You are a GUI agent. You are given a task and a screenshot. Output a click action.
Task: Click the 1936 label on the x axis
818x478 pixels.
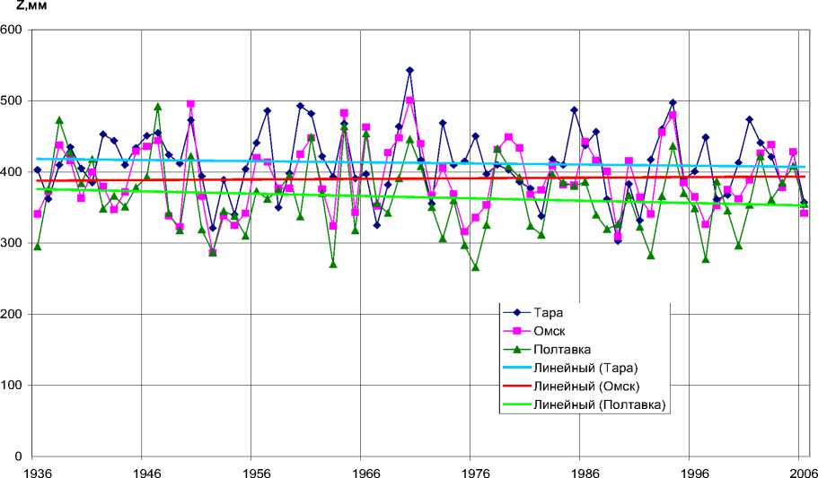(36, 471)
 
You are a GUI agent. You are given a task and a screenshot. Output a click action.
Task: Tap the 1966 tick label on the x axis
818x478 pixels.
(365, 471)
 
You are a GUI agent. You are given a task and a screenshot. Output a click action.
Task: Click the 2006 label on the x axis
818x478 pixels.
(802, 471)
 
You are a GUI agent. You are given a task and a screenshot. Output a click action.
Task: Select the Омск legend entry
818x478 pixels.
(550, 331)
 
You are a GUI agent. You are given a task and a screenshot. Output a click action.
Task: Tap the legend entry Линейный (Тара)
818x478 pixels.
(585, 369)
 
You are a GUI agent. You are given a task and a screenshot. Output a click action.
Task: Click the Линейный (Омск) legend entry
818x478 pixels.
(585, 387)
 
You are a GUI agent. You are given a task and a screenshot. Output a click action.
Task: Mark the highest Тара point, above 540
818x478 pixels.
(409, 70)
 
